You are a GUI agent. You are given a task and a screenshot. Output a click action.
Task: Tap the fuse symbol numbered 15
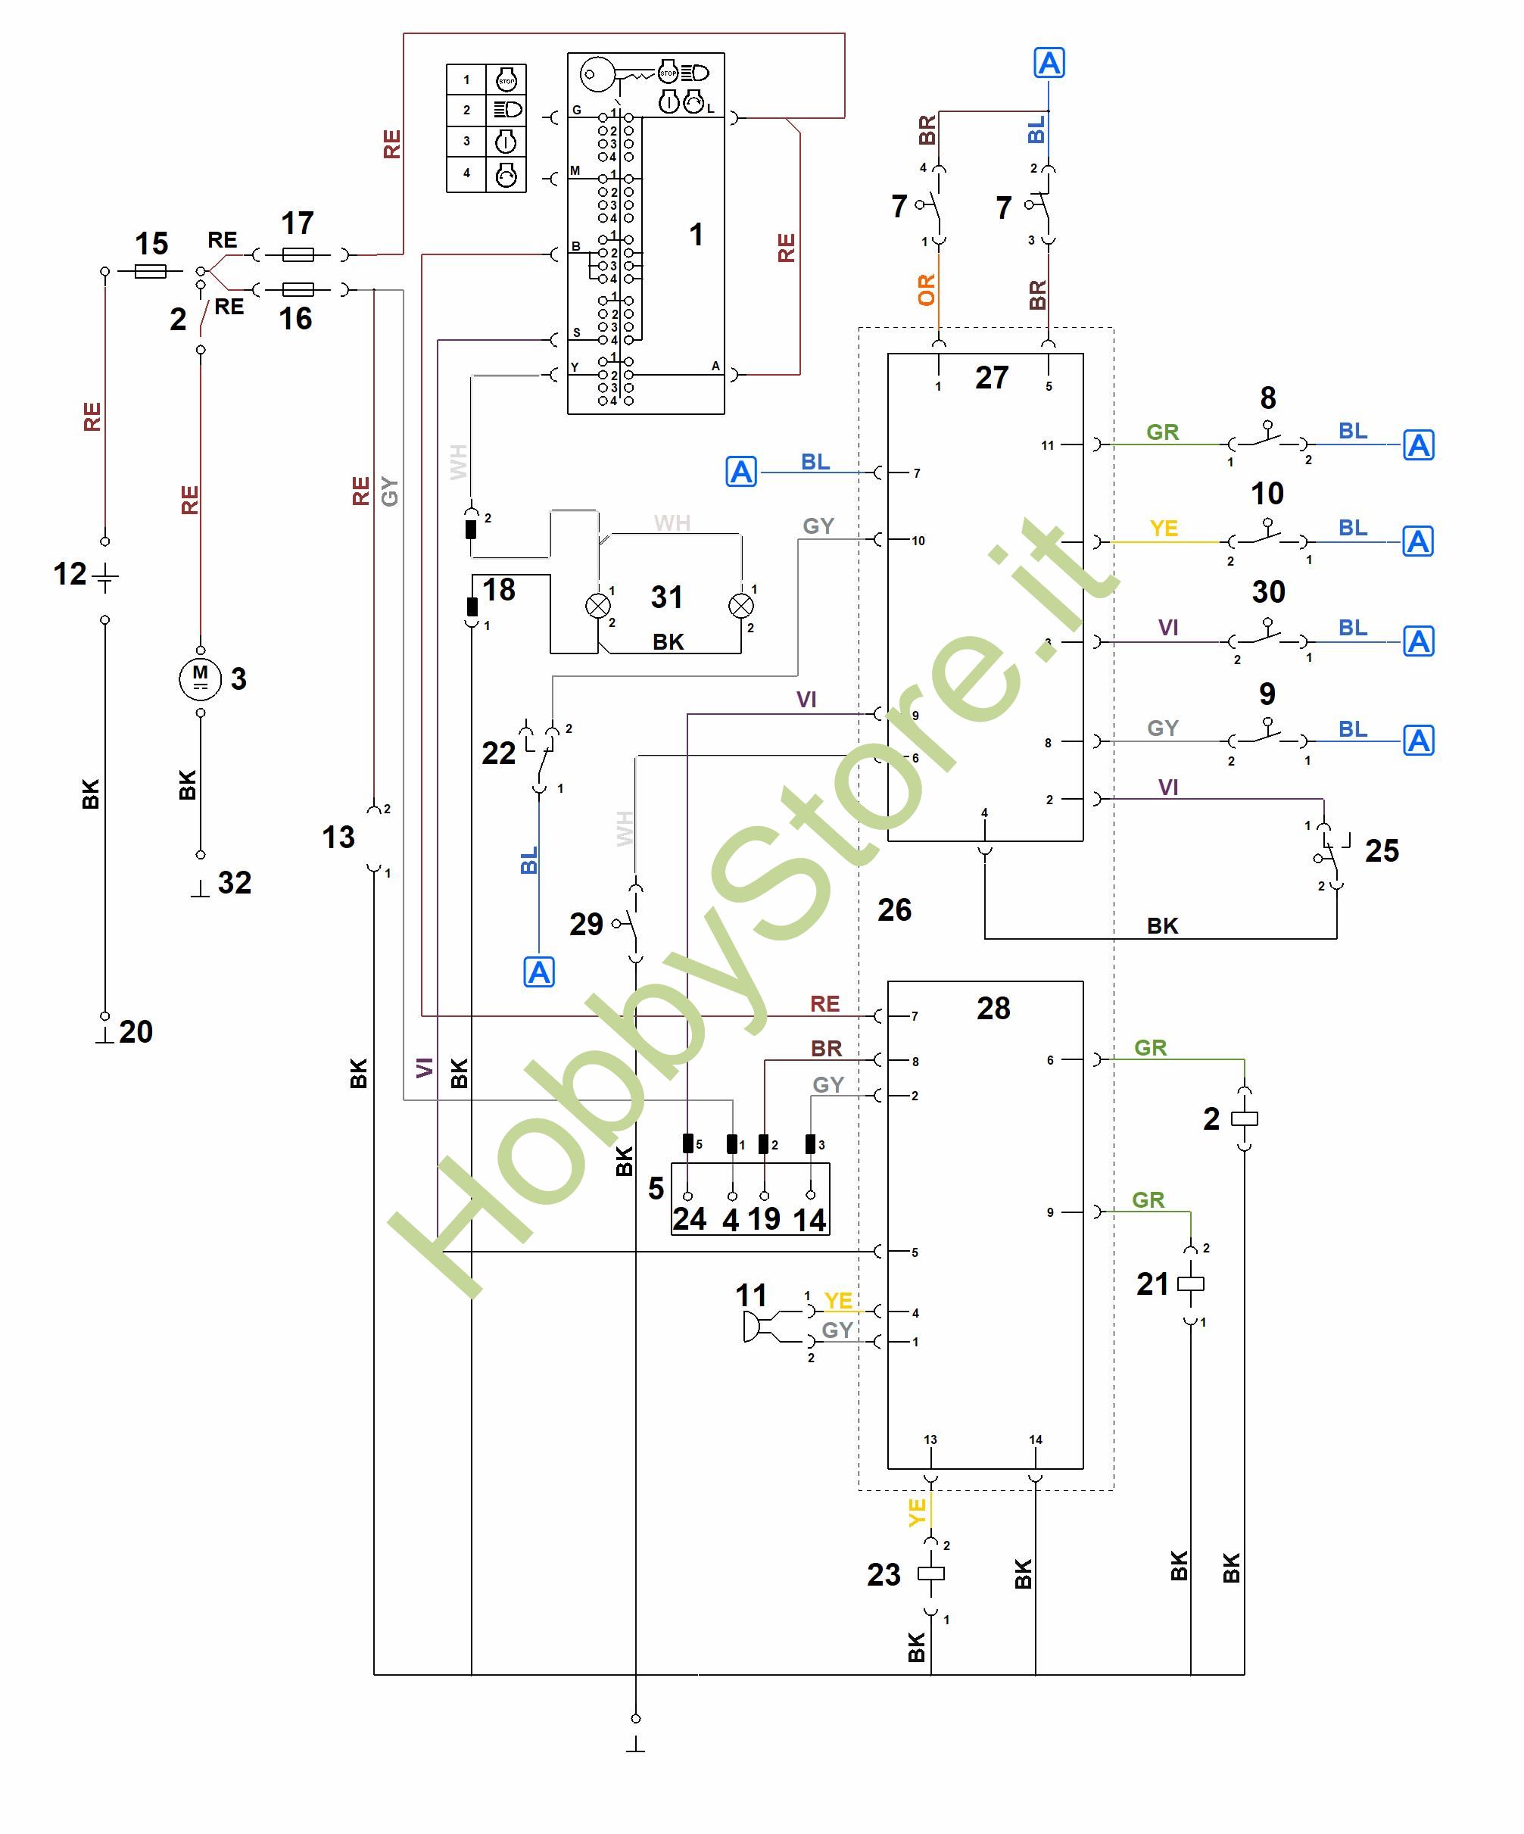(151, 272)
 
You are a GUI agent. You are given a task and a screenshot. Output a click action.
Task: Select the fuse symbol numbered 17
(299, 255)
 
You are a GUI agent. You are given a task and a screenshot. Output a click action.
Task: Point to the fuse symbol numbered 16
(299, 289)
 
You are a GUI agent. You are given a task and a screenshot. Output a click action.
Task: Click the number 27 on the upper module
(991, 378)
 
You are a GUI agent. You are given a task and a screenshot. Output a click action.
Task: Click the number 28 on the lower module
(993, 1009)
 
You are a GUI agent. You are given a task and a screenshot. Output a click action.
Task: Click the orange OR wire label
(927, 289)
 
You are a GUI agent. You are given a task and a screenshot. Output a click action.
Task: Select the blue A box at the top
(1049, 63)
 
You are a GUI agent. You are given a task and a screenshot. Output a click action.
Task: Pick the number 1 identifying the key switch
(696, 234)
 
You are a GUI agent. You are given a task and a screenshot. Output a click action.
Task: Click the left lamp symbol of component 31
(598, 605)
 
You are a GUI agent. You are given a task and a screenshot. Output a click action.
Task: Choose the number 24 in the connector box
(689, 1219)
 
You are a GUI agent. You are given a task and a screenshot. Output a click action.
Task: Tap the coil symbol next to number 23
(931, 1574)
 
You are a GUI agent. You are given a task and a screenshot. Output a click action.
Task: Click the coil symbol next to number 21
(1190, 1283)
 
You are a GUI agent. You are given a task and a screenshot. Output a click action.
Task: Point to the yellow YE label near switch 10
(1164, 529)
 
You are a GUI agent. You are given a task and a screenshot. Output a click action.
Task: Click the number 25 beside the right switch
(1382, 850)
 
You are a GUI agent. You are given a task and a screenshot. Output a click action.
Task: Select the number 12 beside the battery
(70, 574)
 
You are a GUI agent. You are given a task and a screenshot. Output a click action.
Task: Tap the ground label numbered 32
(234, 882)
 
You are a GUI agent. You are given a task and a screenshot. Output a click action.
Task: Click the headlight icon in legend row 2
(506, 109)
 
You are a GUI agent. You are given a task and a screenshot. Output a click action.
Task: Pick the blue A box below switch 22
(539, 972)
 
